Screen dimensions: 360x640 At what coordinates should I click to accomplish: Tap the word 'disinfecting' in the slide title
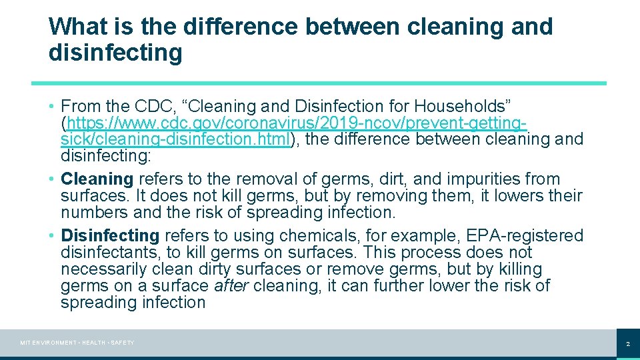click(115, 52)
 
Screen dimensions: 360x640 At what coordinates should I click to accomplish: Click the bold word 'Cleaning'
click(97, 179)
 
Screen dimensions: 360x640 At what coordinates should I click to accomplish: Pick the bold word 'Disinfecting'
click(110, 236)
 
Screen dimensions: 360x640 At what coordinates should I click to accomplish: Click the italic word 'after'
click(231, 286)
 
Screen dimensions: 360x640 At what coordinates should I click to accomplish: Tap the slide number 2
click(627, 344)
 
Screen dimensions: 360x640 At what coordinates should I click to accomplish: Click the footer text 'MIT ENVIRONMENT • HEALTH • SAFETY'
click(77, 343)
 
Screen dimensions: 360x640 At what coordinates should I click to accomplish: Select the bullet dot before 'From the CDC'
click(51, 106)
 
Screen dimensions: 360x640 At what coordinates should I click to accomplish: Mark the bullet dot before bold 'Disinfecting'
click(51, 236)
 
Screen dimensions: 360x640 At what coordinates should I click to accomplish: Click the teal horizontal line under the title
click(319, 83)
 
